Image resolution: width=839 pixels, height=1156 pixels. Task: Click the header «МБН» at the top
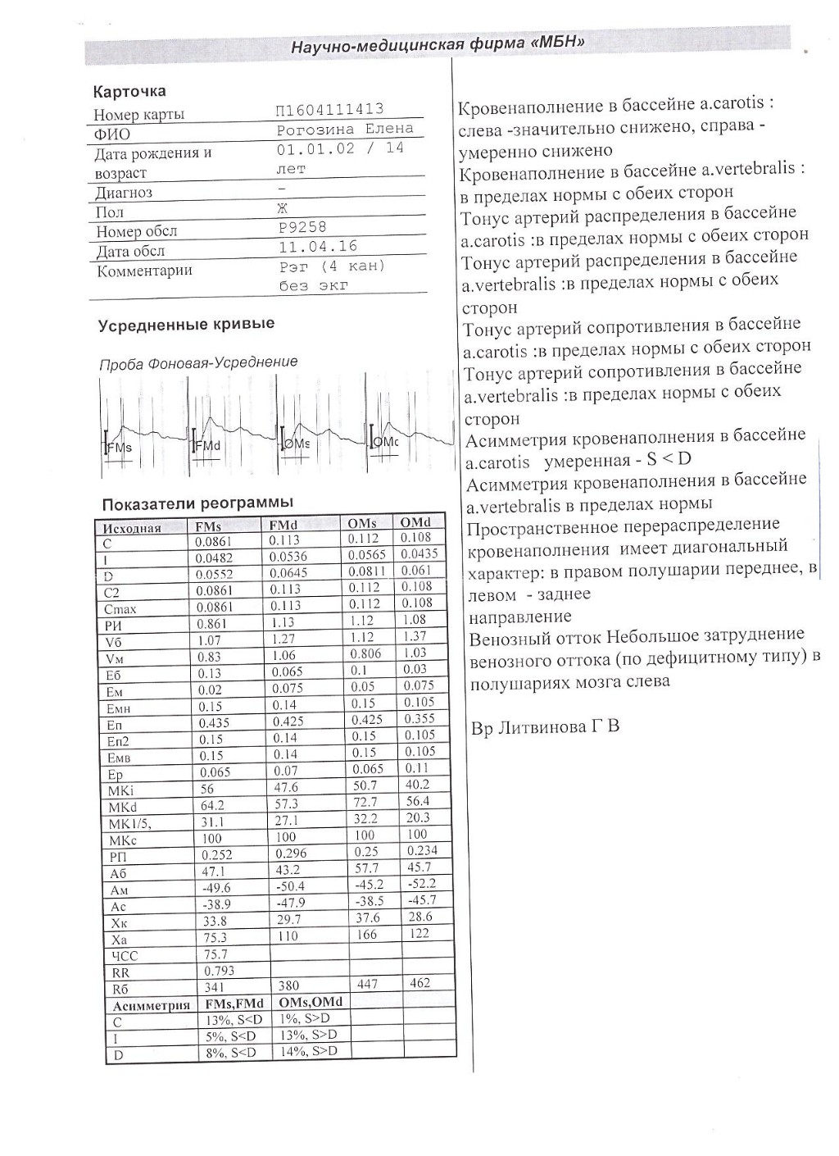tap(437, 43)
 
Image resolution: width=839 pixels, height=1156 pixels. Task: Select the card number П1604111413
tap(331, 110)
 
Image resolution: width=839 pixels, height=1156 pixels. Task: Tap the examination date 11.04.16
tap(318, 247)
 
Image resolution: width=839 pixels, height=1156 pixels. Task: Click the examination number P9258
tap(302, 227)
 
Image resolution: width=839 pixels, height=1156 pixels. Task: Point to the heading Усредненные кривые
tap(186, 324)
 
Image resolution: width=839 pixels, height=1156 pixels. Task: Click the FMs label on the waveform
tap(120, 448)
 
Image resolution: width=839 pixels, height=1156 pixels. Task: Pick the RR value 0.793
tap(218, 971)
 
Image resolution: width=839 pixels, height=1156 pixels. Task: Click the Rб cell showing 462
tap(419, 982)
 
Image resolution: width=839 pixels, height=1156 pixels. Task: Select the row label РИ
tap(114, 625)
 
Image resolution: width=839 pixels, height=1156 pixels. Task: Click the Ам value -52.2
tap(420, 884)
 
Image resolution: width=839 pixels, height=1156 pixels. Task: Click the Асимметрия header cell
tap(152, 1004)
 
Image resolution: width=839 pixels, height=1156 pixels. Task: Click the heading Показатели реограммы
tap(197, 503)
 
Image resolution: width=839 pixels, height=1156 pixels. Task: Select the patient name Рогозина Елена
tap(346, 130)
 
